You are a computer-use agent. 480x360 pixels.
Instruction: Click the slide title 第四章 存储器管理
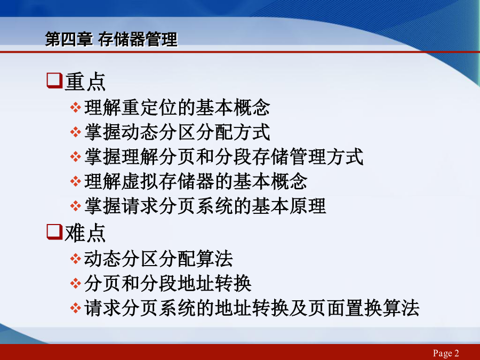pyautogui.click(x=111, y=39)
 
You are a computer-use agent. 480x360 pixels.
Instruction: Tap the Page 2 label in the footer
pyautogui.click(x=446, y=353)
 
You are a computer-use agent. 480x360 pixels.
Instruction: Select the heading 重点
pyautogui.click(x=85, y=82)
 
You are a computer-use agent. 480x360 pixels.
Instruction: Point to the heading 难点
pyautogui.click(x=85, y=233)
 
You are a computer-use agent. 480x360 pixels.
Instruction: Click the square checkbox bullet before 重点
pyautogui.click(x=54, y=81)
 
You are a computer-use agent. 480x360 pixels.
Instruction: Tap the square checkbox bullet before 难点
pyautogui.click(x=54, y=232)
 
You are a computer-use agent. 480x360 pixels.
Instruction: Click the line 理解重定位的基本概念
pyautogui.click(x=177, y=107)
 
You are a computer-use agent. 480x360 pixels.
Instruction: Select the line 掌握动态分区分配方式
pyautogui.click(x=177, y=132)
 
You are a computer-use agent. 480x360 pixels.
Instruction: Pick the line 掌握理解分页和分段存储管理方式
pyautogui.click(x=224, y=157)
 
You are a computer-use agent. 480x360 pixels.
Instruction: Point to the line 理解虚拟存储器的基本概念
pyautogui.click(x=196, y=181)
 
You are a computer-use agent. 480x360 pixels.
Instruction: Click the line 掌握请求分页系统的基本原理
pyautogui.click(x=205, y=206)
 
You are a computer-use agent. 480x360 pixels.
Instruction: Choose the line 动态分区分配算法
pyautogui.click(x=158, y=259)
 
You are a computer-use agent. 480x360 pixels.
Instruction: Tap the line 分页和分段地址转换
pyautogui.click(x=168, y=283)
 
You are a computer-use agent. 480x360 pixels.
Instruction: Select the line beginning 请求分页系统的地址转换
pyautogui.click(x=252, y=308)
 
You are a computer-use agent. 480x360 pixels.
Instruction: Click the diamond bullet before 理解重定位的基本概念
pyautogui.click(x=75, y=108)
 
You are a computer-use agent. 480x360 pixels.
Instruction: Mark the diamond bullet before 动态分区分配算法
pyautogui.click(x=75, y=259)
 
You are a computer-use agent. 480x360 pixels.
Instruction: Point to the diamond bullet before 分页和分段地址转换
pyautogui.click(x=75, y=284)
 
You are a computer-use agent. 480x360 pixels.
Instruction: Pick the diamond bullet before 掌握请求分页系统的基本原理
pyautogui.click(x=75, y=206)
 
